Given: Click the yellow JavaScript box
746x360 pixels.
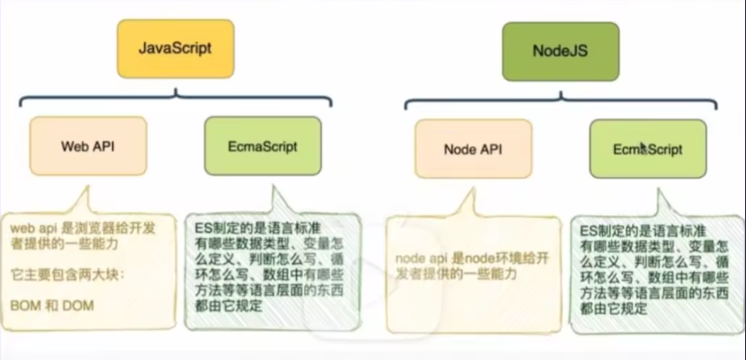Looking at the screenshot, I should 175,47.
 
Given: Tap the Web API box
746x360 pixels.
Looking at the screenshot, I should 88,146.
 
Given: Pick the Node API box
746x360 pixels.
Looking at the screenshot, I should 473,149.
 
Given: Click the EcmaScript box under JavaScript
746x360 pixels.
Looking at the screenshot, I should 263,146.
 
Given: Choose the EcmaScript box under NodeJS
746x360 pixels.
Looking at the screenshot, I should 648,149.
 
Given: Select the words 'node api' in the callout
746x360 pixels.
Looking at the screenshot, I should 419,258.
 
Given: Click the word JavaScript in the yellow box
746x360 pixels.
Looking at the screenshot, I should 175,47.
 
